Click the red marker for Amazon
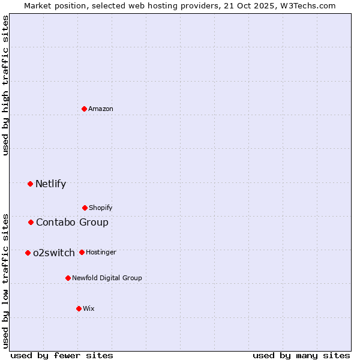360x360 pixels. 85,109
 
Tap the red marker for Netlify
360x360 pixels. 31,184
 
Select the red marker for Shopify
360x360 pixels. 85,208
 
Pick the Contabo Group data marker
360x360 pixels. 31,223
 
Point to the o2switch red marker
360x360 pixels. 28,253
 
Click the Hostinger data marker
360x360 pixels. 82,252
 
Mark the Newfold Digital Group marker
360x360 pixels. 68,278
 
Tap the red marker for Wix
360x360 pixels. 79,308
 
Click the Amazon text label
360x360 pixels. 101,109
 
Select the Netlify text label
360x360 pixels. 51,184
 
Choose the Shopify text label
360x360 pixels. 101,208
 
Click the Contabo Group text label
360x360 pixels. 73,223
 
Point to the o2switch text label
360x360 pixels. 54,253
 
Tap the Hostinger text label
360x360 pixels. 101,253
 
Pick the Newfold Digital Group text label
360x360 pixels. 107,278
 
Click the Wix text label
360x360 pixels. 89,309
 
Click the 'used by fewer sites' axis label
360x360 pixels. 62,355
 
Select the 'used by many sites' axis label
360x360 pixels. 301,355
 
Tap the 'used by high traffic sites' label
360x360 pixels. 6,85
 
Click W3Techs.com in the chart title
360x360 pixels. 307,5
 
